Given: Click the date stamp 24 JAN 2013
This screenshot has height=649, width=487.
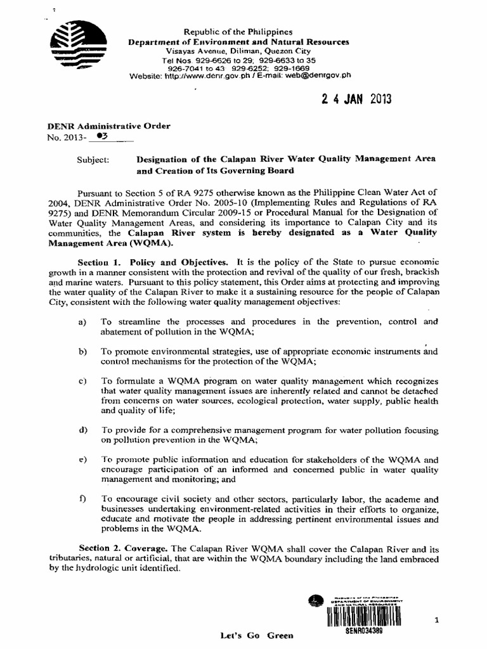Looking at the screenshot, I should [357, 100].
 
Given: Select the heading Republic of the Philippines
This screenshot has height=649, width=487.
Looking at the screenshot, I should [238, 32].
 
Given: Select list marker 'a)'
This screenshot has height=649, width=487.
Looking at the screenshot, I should [81, 322].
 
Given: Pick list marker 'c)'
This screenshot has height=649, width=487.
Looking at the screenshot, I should [81, 380].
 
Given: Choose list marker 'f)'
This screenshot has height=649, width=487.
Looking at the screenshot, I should [81, 499].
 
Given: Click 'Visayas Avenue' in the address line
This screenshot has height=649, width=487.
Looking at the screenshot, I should [193, 51].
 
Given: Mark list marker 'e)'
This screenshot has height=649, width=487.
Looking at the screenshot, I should [81, 458].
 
